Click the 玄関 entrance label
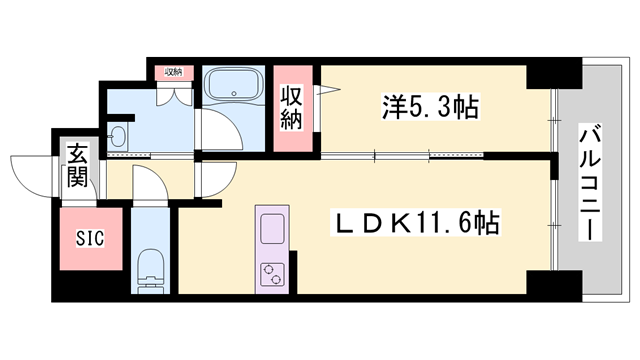[x=78, y=168]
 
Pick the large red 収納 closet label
[x=292, y=107]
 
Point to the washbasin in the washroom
[x=119, y=136]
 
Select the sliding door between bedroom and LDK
[x=400, y=155]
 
